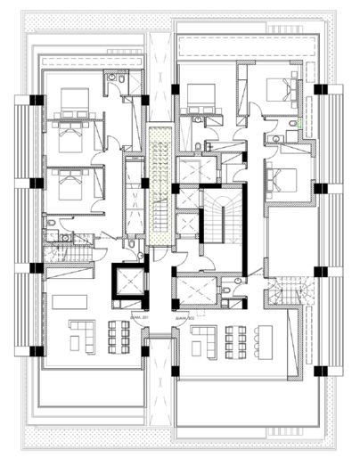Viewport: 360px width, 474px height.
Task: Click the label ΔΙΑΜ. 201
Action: click(138, 316)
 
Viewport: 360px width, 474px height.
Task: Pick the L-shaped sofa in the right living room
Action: click(205, 339)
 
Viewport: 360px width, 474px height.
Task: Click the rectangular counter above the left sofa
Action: click(69, 302)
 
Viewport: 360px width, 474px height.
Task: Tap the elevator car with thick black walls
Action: click(127, 283)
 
